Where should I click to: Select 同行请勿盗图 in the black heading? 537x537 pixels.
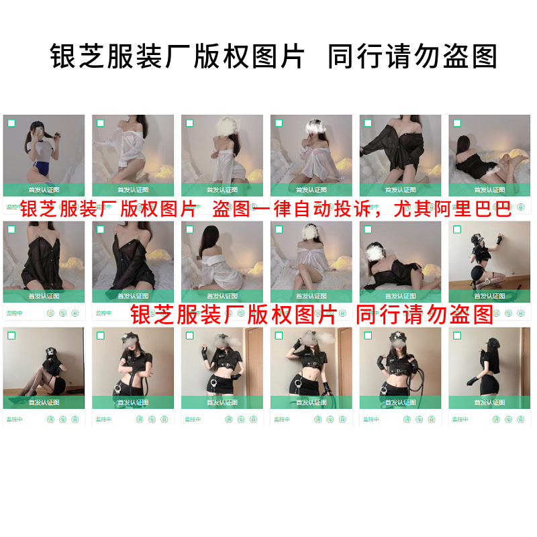(412, 56)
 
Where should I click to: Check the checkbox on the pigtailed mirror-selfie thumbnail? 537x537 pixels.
(11, 124)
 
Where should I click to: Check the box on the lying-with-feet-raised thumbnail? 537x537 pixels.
(457, 124)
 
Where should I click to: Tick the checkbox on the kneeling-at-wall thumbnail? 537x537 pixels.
(457, 230)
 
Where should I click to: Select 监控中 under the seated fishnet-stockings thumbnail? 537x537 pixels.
(15, 420)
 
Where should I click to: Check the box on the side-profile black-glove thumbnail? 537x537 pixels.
(457, 336)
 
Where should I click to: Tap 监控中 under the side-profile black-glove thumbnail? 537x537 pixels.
(460, 420)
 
